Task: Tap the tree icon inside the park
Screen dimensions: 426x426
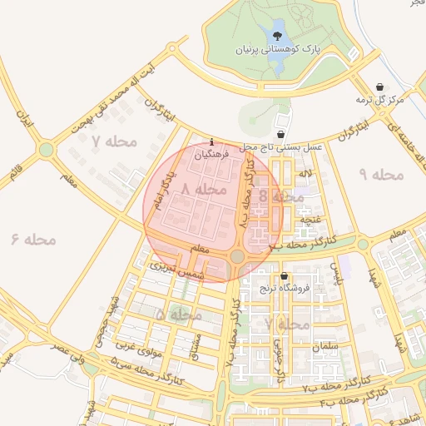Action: pos(277,35)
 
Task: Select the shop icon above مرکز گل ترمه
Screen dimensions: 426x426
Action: pos(380,87)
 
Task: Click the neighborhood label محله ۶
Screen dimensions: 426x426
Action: pos(33,240)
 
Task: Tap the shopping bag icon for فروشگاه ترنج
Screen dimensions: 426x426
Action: pos(285,276)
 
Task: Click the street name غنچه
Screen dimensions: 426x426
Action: pos(311,220)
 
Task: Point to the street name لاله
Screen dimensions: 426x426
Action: pos(307,173)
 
